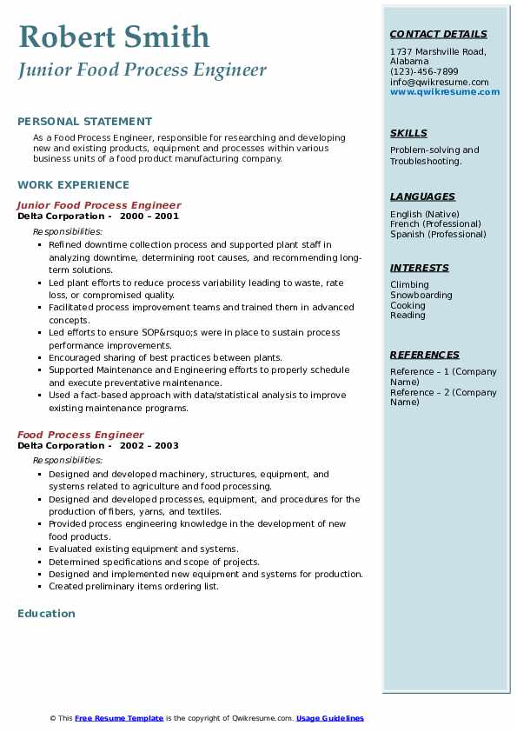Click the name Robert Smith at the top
[x=114, y=37]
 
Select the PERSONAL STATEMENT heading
[x=84, y=122]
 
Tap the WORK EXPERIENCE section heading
[x=73, y=185]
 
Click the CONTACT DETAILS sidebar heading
[x=438, y=35]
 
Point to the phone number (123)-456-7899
[x=424, y=72]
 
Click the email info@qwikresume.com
[x=439, y=82]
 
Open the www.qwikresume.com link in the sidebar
[x=445, y=91]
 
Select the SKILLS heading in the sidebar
[x=408, y=134]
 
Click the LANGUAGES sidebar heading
[x=422, y=197]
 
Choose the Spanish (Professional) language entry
[x=439, y=235]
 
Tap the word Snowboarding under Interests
[x=421, y=296]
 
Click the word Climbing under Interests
[x=409, y=285]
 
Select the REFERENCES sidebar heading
[x=425, y=356]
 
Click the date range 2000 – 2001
[x=149, y=216]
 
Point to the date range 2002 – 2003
[x=149, y=446]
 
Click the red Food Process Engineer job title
[x=81, y=436]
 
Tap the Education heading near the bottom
[x=46, y=614]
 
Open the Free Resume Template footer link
[x=119, y=718]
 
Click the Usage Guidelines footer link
[x=330, y=718]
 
